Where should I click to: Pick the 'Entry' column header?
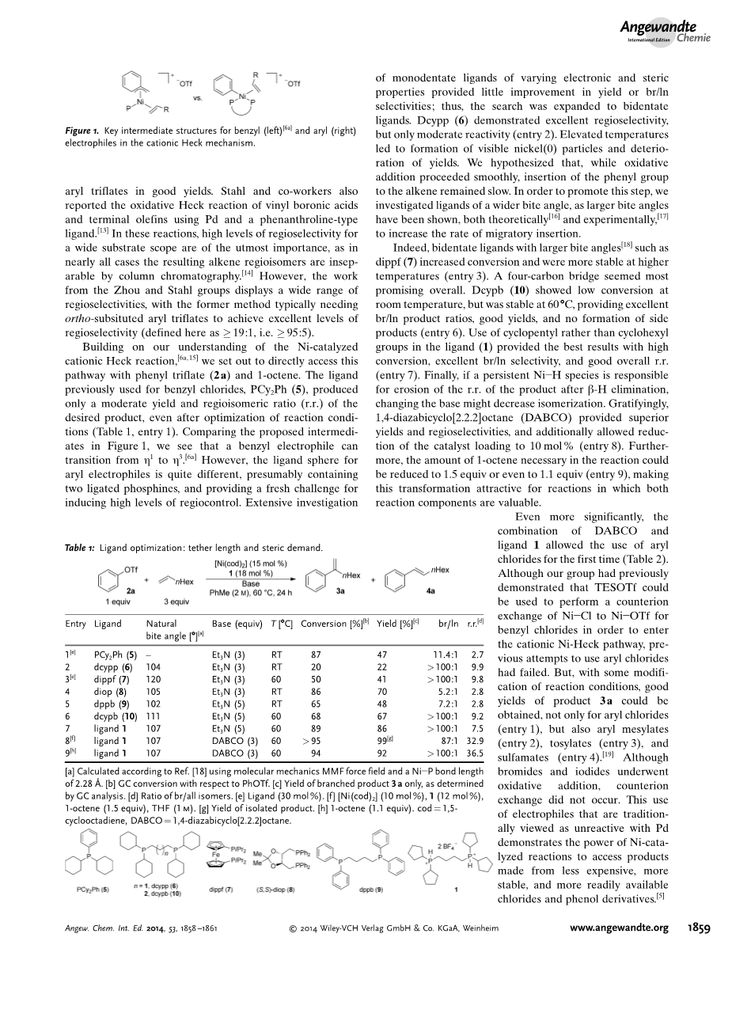coord(75,624)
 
